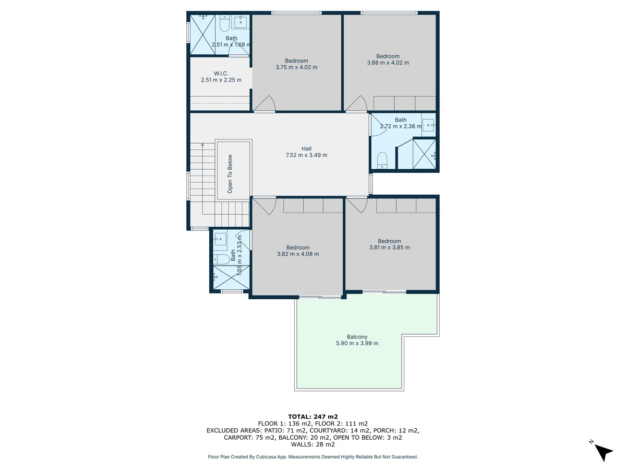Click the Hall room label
click(x=306, y=149)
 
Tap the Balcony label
click(x=357, y=337)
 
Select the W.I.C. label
click(x=221, y=74)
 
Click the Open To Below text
click(x=230, y=174)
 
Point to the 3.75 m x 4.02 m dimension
click(x=296, y=67)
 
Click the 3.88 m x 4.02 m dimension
click(x=388, y=63)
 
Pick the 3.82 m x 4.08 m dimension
click(x=298, y=254)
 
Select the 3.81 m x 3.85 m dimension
click(x=390, y=248)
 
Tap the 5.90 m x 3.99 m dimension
click(x=357, y=343)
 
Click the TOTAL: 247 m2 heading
click(x=313, y=417)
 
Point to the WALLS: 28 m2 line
click(x=313, y=444)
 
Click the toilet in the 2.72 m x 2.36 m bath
click(x=382, y=160)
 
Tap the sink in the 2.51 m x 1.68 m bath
click(x=241, y=22)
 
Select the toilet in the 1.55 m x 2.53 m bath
click(x=221, y=260)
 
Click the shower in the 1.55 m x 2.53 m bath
click(x=231, y=277)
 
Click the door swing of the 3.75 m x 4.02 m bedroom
click(x=264, y=103)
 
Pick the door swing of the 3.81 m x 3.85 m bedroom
click(x=356, y=205)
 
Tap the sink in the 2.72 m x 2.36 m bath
click(x=428, y=125)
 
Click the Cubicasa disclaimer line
click(x=313, y=457)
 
